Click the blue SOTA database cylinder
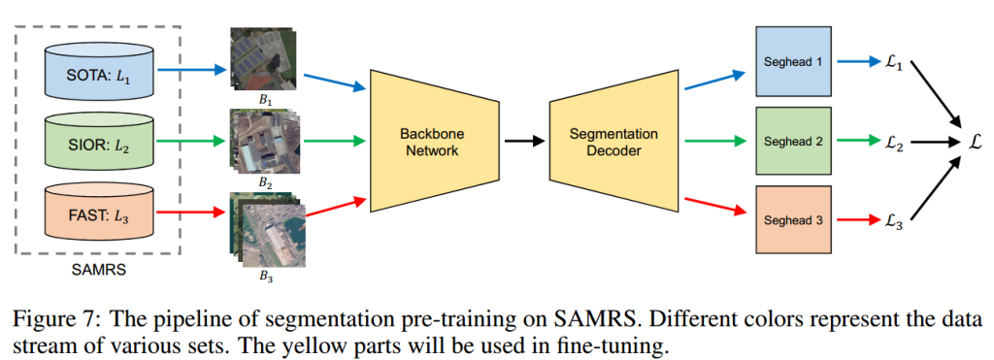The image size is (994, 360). point(100,71)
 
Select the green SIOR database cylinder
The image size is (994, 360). point(100,142)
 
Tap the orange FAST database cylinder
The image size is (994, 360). point(100,213)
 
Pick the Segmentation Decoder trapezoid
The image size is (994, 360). point(613,142)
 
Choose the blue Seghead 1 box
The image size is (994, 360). point(792,61)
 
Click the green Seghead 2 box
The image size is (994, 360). point(792,141)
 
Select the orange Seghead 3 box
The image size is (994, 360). point(792,220)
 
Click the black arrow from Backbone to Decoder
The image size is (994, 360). point(525,142)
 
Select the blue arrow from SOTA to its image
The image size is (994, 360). point(192,70)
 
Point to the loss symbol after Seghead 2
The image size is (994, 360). point(893,142)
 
